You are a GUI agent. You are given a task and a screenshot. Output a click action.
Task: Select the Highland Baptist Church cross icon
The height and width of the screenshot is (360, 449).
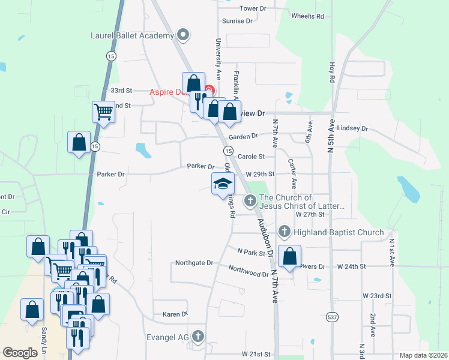tap(285, 232)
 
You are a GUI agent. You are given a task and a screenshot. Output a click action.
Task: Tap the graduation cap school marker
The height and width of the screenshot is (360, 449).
tap(223, 184)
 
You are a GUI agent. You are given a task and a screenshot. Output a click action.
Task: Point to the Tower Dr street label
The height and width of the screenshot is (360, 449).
tap(253, 8)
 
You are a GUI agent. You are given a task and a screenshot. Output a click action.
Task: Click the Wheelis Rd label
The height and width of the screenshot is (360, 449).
tap(307, 16)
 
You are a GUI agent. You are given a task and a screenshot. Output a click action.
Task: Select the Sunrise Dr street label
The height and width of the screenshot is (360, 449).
tap(238, 21)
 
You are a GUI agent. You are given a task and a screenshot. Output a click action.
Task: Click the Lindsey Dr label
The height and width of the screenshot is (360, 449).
tap(352, 128)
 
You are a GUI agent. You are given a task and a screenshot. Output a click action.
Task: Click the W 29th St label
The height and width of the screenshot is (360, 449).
tap(260, 174)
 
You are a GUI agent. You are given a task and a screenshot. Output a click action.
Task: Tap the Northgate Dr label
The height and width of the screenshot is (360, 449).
tap(194, 263)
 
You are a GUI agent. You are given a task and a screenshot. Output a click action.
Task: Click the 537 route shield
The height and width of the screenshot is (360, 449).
tap(332, 316)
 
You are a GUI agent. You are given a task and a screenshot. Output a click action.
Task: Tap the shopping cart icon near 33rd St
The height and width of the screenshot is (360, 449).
tap(103, 111)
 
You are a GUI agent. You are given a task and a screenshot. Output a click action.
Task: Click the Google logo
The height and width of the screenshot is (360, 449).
tap(20, 353)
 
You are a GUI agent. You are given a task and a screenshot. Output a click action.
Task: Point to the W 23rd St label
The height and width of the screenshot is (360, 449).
tap(377, 296)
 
